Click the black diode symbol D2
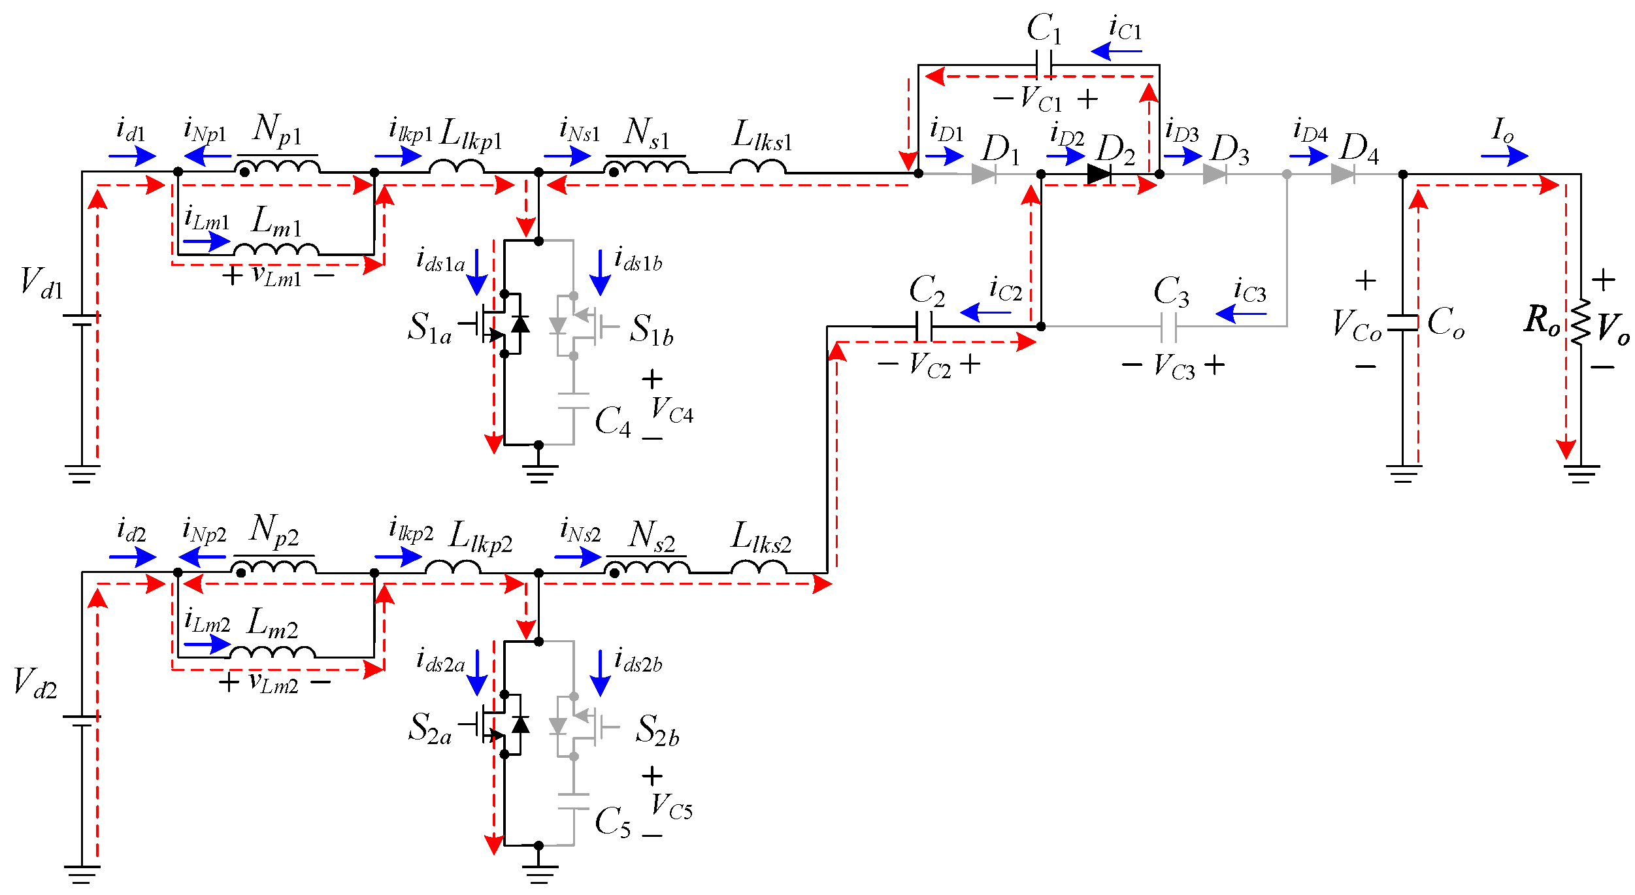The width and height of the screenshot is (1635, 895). coord(1099,174)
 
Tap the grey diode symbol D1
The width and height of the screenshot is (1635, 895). coord(983,174)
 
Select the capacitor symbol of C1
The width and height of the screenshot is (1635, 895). coord(1044,65)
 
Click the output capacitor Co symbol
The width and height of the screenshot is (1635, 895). coord(1402,323)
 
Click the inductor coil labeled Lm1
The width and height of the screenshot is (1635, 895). coord(276,250)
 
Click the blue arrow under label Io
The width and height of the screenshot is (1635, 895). coord(1504,156)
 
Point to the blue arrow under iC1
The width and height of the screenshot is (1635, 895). coord(1115,51)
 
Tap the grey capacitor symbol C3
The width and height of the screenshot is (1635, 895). coord(1168,327)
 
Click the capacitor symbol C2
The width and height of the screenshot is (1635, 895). coord(923,327)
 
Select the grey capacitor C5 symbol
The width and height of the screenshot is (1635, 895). coord(573,802)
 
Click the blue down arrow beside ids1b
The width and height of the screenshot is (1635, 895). coord(600,273)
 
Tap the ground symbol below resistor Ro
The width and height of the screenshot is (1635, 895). coord(1581,473)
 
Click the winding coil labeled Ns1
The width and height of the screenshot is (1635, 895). coord(647,167)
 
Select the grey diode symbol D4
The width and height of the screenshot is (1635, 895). coord(1342,174)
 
